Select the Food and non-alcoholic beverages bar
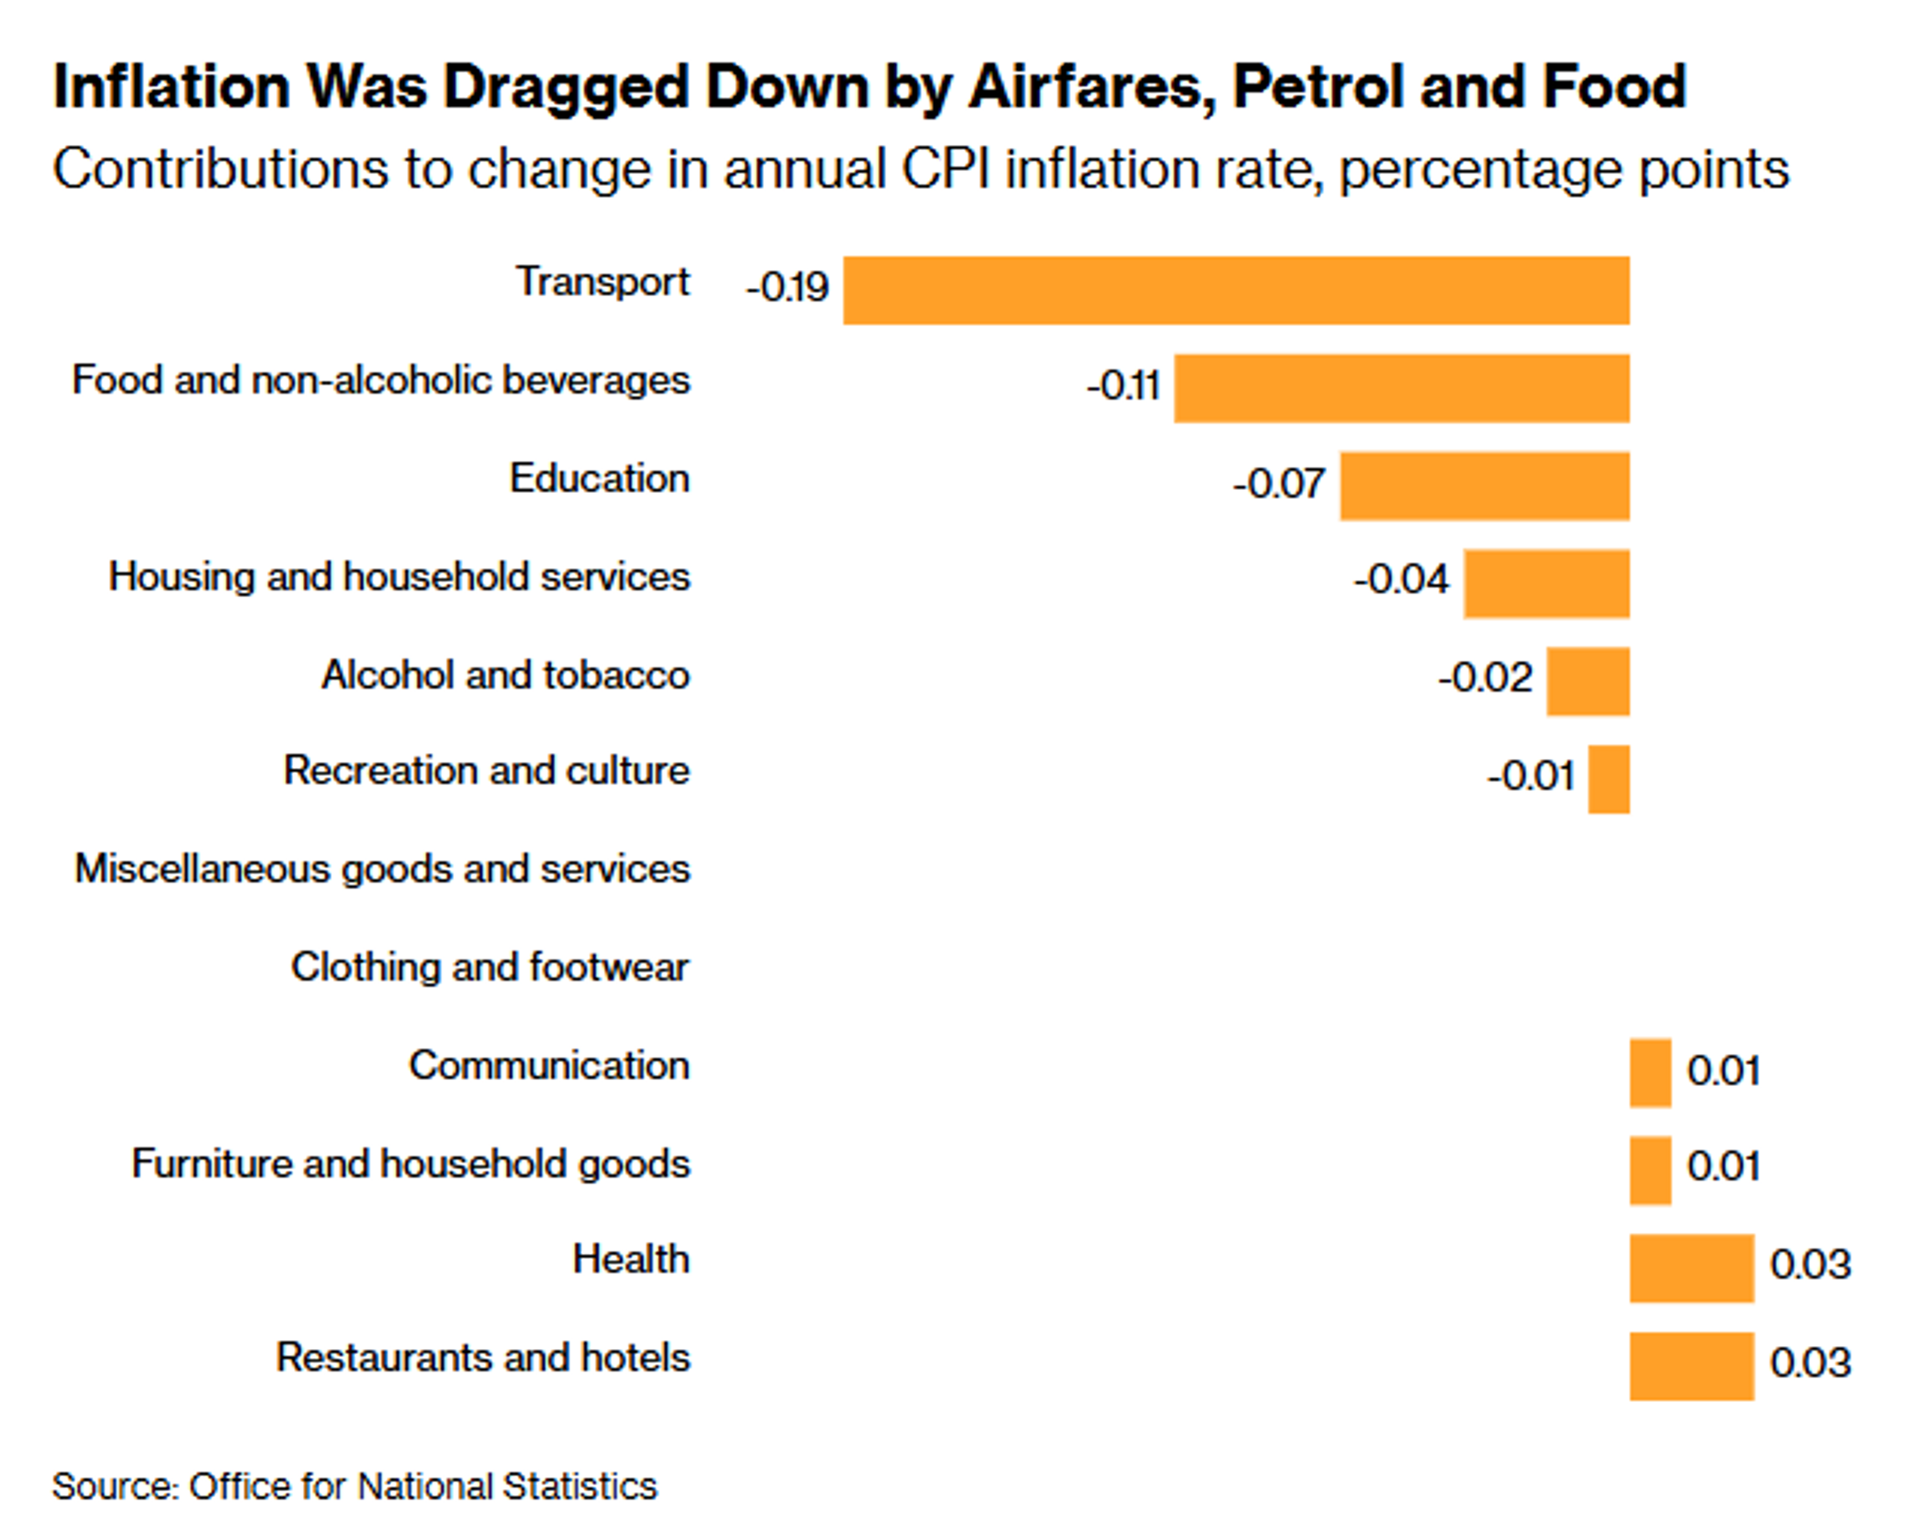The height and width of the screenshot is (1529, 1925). point(1401,389)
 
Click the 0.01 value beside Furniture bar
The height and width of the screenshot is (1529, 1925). point(1722,1166)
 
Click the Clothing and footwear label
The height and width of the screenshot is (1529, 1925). point(489,967)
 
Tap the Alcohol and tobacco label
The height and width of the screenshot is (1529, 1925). point(505,675)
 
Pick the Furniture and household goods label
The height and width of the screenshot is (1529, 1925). point(411,1164)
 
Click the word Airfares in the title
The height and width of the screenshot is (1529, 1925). point(1091,88)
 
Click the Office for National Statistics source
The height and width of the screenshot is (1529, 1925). point(422,1487)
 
